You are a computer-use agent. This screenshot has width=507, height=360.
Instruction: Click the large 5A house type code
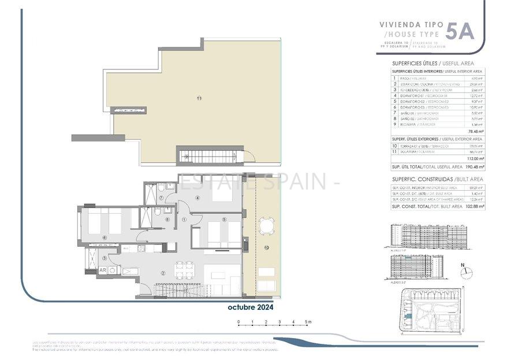click(x=460, y=30)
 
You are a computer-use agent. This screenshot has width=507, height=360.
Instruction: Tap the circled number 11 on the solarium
click(x=199, y=98)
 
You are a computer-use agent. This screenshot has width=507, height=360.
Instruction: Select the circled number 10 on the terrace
click(x=267, y=247)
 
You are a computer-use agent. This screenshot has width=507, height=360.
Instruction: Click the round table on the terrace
click(x=266, y=225)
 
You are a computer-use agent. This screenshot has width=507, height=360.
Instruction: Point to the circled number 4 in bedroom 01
click(x=197, y=198)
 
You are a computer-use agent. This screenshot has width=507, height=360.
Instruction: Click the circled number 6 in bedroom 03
click(x=105, y=237)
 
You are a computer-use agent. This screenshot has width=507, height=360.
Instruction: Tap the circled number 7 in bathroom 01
click(x=162, y=198)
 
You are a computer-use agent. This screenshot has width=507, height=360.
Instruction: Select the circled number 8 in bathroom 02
click(x=167, y=219)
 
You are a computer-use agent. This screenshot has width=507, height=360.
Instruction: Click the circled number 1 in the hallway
click(x=185, y=219)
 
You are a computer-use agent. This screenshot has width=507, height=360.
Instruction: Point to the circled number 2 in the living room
click(x=163, y=273)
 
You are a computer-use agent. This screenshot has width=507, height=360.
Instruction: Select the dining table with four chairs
click(x=184, y=270)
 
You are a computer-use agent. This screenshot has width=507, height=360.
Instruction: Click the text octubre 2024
click(x=249, y=307)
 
